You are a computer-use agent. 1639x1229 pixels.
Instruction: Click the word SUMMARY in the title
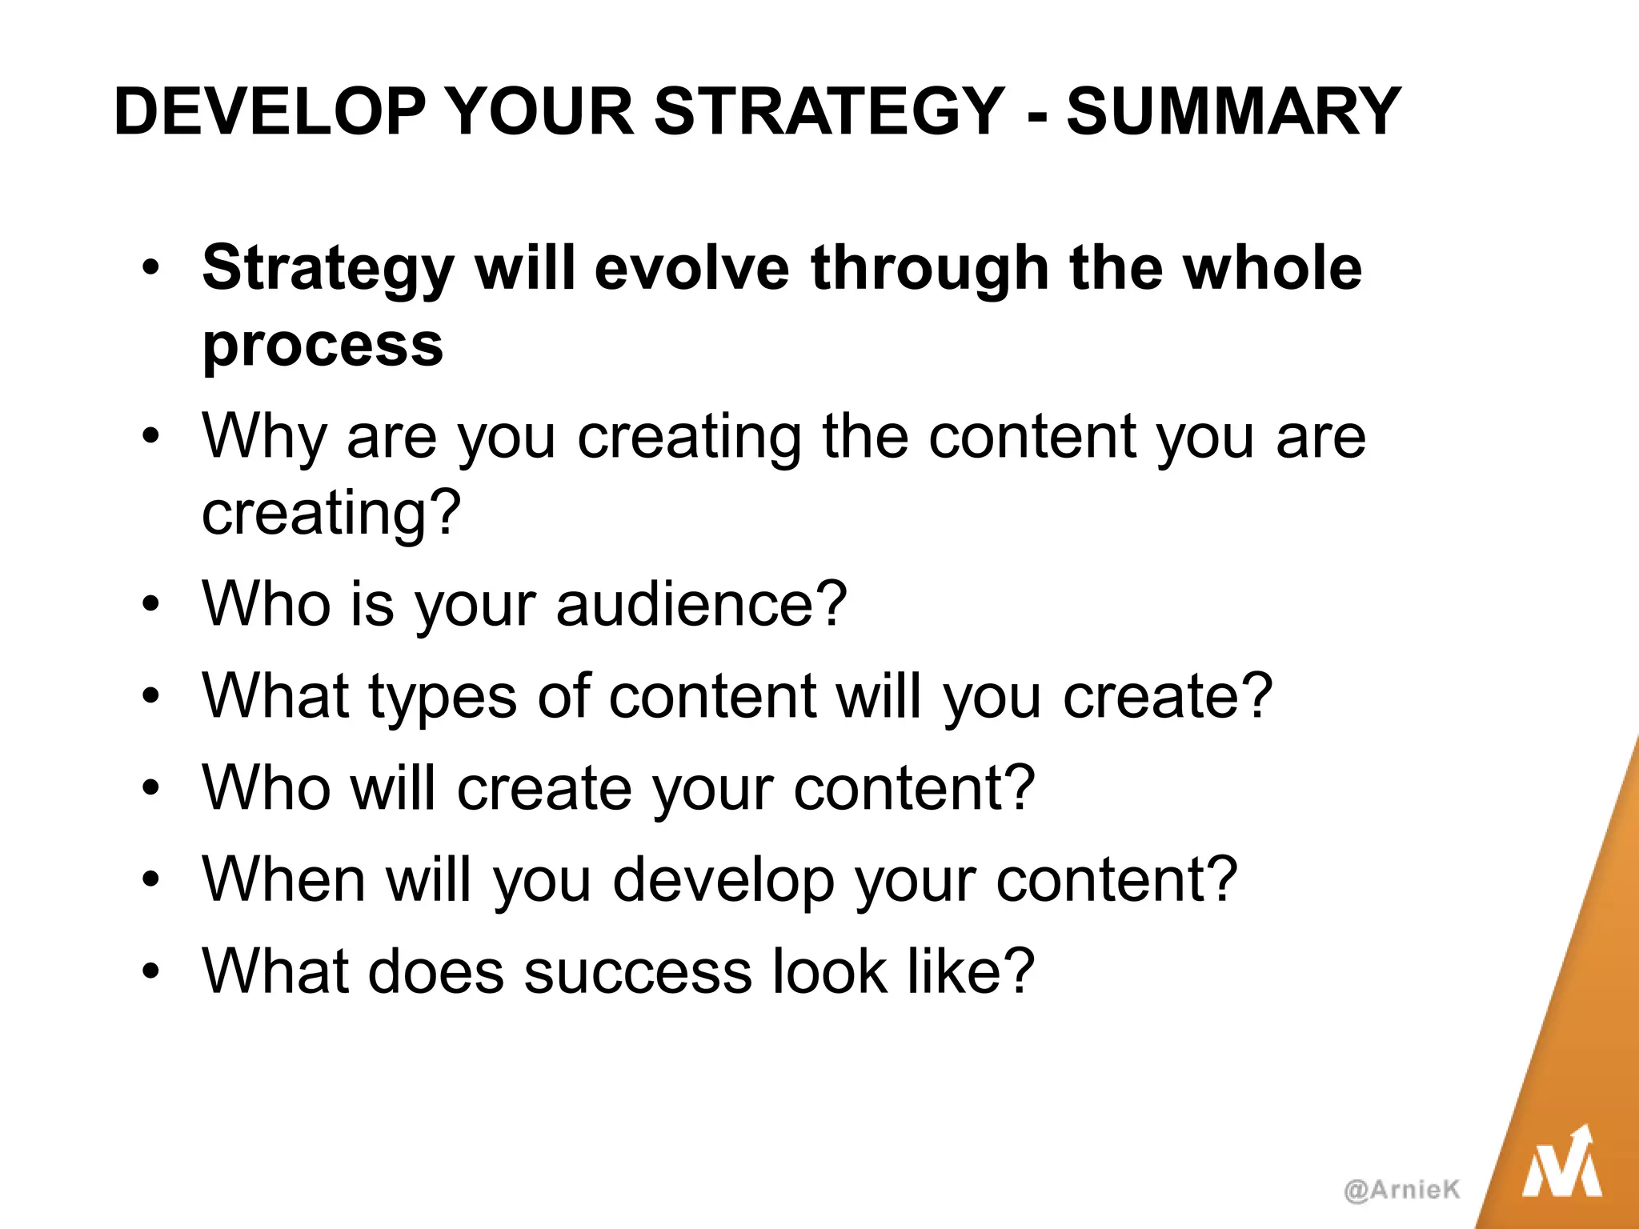(1233, 112)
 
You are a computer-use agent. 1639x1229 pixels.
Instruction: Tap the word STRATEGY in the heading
(829, 112)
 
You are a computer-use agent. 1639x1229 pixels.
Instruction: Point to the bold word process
(323, 346)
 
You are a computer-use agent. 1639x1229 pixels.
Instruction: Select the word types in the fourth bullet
(443, 696)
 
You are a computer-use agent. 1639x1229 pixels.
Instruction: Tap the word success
(638, 971)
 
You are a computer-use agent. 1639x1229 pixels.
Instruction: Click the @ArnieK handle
(1402, 1190)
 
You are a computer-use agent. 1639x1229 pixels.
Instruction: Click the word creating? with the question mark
(331, 512)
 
